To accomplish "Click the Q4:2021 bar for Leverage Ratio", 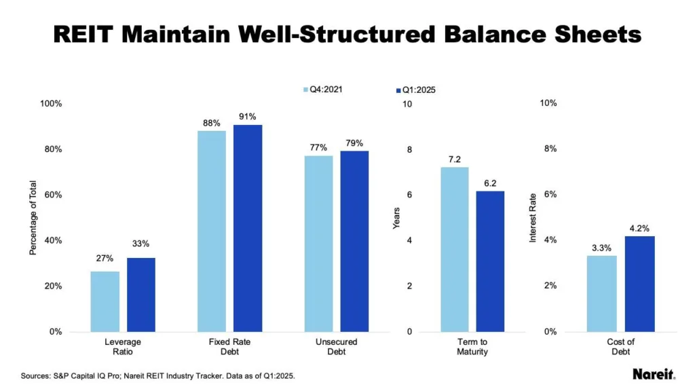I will pyautogui.click(x=105, y=301).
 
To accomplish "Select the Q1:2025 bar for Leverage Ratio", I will pyautogui.click(x=141, y=295).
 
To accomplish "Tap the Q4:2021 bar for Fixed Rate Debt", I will pyautogui.click(x=212, y=231).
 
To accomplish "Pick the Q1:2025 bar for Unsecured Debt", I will pyautogui.click(x=354, y=241).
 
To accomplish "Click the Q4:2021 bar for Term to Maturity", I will pyautogui.click(x=454, y=249).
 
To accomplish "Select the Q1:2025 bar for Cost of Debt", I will pyautogui.click(x=639, y=284).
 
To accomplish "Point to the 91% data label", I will pyautogui.click(x=247, y=117).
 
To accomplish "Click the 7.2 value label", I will pyautogui.click(x=454, y=159).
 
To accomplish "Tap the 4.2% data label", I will pyautogui.click(x=639, y=227).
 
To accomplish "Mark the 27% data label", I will pyautogui.click(x=105, y=258).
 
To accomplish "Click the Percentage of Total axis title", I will pyautogui.click(x=33, y=218).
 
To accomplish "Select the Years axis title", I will pyautogui.click(x=397, y=218).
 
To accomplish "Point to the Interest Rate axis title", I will pyautogui.click(x=532, y=218).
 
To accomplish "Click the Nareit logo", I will pyautogui.click(x=654, y=374).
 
